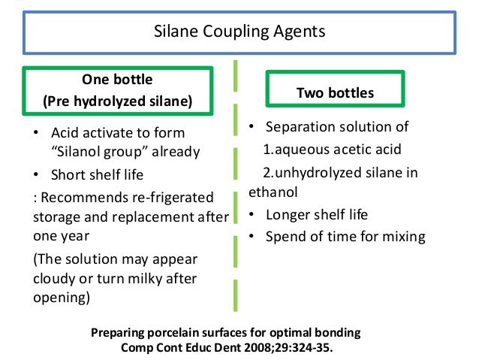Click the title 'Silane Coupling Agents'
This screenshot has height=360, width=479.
239,32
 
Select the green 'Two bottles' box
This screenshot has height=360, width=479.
335,93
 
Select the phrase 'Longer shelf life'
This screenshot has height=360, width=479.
317,214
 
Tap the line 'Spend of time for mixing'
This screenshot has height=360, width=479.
345,237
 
